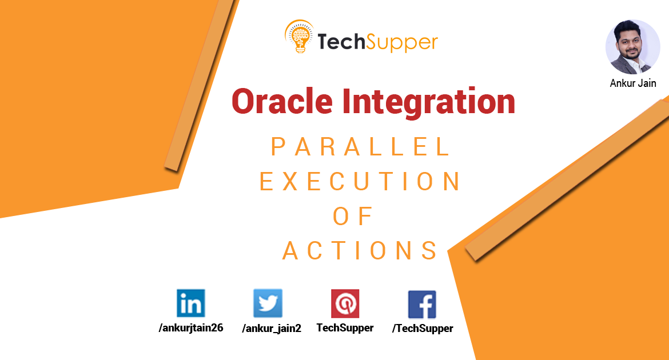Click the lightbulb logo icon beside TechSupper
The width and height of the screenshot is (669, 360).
click(x=298, y=37)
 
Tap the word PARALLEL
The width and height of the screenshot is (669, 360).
click(x=360, y=148)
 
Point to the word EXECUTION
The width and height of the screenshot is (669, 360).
click(x=360, y=182)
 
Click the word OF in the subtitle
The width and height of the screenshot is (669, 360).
click(x=353, y=217)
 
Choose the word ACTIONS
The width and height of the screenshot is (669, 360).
click(x=360, y=251)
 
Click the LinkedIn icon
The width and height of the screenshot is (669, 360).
click(x=191, y=303)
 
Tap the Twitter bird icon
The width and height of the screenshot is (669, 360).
click(x=268, y=303)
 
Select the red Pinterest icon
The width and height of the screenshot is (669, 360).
click(x=345, y=303)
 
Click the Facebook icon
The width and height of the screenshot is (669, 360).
click(x=422, y=304)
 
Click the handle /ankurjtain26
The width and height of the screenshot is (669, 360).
click(x=191, y=328)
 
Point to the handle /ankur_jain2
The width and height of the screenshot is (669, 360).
click(x=272, y=328)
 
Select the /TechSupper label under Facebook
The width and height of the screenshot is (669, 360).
click(x=423, y=329)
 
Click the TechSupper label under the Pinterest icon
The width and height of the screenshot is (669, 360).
click(x=345, y=328)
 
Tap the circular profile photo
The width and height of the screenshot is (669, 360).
click(x=632, y=47)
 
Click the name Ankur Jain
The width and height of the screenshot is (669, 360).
click(x=633, y=83)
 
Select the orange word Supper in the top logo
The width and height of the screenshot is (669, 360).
click(x=403, y=43)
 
